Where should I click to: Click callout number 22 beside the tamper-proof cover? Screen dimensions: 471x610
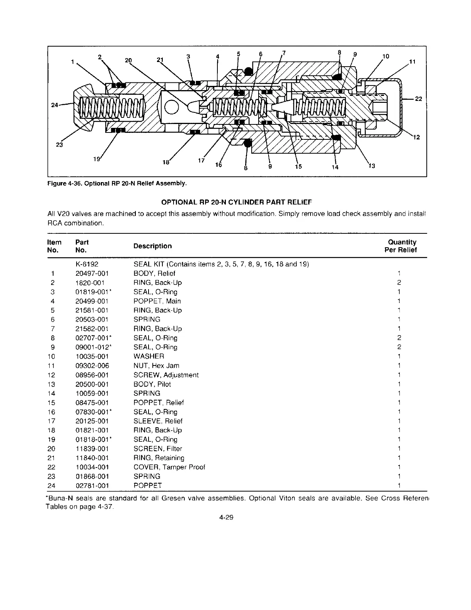[418, 99]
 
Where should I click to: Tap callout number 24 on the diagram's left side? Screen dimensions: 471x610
[54, 105]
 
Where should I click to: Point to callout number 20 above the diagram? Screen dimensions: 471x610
[128, 60]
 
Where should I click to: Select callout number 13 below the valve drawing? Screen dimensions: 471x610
[372, 166]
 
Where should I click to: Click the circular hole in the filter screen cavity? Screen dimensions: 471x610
[171, 107]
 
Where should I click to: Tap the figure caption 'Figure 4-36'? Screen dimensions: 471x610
[65, 184]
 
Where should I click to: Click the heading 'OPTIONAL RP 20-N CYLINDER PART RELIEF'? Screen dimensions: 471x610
[237, 202]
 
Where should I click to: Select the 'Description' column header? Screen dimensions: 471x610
[152, 246]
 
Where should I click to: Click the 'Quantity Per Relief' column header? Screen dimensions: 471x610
[401, 246]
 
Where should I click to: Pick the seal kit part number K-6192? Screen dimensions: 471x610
[87, 264]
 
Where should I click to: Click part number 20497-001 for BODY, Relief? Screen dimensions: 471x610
[92, 273]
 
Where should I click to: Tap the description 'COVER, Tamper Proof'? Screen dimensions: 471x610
[169, 467]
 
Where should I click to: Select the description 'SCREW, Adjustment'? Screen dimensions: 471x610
[166, 375]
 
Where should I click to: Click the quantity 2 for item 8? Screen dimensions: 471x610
[399, 338]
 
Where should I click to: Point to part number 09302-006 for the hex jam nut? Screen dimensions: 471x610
[92, 366]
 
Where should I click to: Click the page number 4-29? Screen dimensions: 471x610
[226, 517]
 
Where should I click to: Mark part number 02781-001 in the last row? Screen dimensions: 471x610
[92, 486]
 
